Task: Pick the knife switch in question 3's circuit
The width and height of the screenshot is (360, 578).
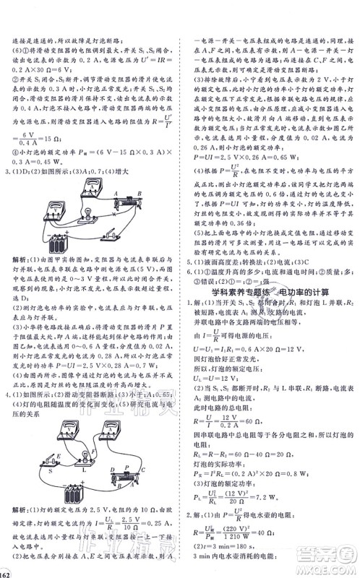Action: click(114, 236)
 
